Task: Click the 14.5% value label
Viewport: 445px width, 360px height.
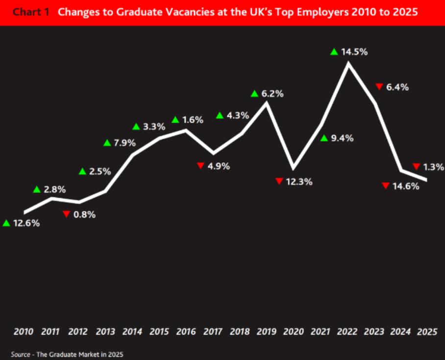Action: pos(355,51)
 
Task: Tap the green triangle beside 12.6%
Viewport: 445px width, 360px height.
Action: pos(6,223)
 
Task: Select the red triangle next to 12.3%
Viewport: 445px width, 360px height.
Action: pos(279,181)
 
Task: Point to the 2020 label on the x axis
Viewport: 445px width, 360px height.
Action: pos(294,332)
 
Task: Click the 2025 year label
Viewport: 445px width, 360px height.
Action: pos(426,332)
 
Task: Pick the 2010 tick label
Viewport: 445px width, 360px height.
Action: pos(24,332)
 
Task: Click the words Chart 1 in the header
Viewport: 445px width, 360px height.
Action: pos(31,12)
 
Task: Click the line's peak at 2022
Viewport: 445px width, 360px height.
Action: pos(348,63)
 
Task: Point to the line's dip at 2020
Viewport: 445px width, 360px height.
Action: pos(294,167)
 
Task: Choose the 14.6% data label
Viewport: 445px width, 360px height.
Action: pos(407,186)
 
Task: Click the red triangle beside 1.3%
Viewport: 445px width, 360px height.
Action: pos(417,167)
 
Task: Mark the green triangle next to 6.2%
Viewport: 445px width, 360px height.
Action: pos(254,94)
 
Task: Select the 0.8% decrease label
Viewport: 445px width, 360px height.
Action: pos(84,214)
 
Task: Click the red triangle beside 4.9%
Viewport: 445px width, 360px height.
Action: pos(200,166)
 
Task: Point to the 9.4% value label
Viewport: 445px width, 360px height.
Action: pos(342,138)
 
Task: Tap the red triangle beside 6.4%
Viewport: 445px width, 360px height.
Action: pos(379,87)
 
